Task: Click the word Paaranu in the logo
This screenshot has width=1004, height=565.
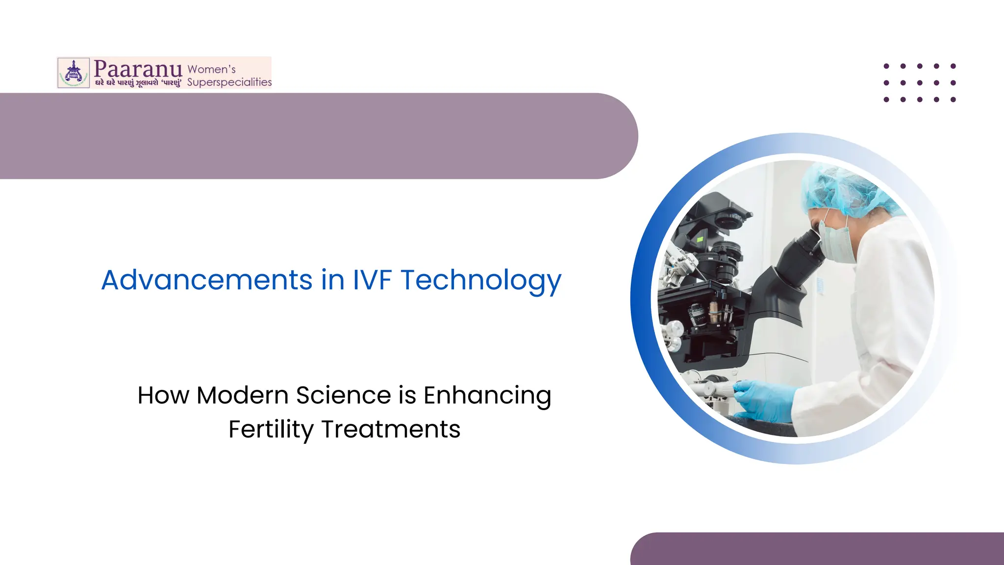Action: (x=138, y=69)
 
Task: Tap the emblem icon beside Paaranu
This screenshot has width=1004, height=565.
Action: (x=74, y=73)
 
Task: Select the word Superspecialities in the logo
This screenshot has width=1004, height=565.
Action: (x=229, y=82)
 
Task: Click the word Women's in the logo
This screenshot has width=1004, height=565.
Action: (x=211, y=69)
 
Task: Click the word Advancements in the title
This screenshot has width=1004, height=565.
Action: (x=206, y=280)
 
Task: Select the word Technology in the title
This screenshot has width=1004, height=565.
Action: (x=481, y=281)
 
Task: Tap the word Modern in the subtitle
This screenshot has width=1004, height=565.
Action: (x=242, y=395)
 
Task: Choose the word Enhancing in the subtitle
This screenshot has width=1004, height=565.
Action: (x=487, y=396)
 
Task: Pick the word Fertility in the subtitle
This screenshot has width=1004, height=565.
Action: (x=271, y=430)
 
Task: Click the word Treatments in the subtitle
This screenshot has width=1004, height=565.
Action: (x=391, y=430)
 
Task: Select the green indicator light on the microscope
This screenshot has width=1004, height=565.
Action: (x=700, y=239)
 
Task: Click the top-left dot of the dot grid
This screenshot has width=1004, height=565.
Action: (x=886, y=66)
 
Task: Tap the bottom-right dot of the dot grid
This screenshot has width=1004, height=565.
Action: (x=953, y=100)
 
